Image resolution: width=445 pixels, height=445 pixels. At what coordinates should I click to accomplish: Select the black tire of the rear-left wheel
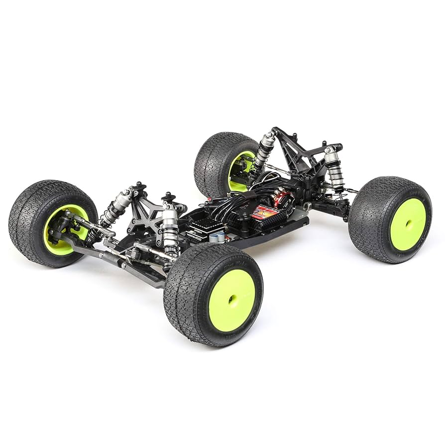pos(214,157)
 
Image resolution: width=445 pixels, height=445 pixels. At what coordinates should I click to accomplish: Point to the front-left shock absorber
pos(113,207)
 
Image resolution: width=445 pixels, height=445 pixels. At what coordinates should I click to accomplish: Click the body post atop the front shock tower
pos(138,187)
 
